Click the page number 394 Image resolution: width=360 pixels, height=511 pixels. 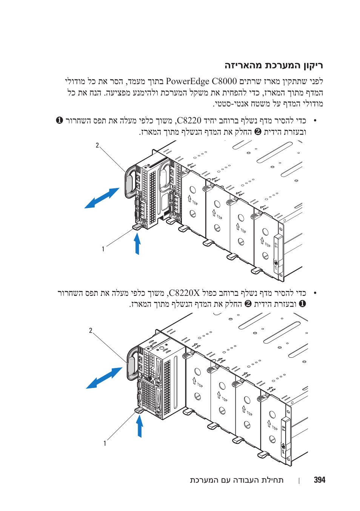319,480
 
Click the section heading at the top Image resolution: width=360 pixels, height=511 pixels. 274,65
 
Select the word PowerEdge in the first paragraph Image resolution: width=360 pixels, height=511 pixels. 188,81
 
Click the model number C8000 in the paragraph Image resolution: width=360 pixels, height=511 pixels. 224,81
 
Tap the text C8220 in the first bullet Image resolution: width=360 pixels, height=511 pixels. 189,120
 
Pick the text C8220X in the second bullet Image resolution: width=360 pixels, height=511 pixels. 184,293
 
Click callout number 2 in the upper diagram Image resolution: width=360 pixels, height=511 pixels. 97,145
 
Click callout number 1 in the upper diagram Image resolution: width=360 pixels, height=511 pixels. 103,249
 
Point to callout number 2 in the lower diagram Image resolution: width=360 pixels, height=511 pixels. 91,331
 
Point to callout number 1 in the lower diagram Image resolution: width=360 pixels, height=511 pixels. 105,443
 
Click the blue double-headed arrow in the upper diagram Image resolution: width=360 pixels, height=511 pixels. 102,198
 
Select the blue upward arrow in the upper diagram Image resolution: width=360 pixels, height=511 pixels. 137,243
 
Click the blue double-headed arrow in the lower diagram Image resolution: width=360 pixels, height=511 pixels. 104,378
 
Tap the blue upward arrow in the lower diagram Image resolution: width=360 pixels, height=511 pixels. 140,426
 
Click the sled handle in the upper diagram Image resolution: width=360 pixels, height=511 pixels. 129,181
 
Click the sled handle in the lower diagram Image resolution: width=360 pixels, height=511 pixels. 131,364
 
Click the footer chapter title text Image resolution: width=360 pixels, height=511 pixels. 237,480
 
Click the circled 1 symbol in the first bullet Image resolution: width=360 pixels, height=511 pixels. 59,120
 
